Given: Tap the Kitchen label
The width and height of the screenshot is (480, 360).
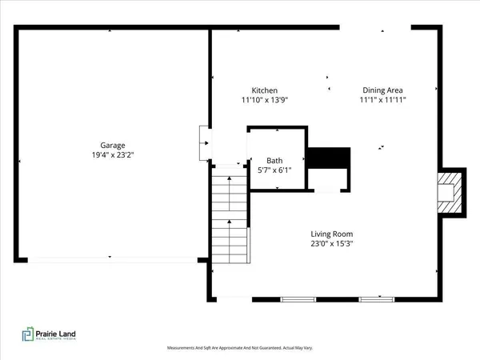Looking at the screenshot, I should point(265,91).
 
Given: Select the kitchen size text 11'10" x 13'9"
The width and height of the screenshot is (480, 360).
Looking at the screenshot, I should point(265,101).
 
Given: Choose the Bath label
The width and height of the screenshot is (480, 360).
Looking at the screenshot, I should point(275,161).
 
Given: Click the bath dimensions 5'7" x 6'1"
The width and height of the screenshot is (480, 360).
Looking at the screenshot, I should point(275,170).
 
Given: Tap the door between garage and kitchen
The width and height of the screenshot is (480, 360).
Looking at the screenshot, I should point(205,144).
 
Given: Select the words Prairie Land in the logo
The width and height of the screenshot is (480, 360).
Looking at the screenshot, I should point(61,333).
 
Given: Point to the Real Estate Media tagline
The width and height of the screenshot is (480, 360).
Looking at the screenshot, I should point(61,342).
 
